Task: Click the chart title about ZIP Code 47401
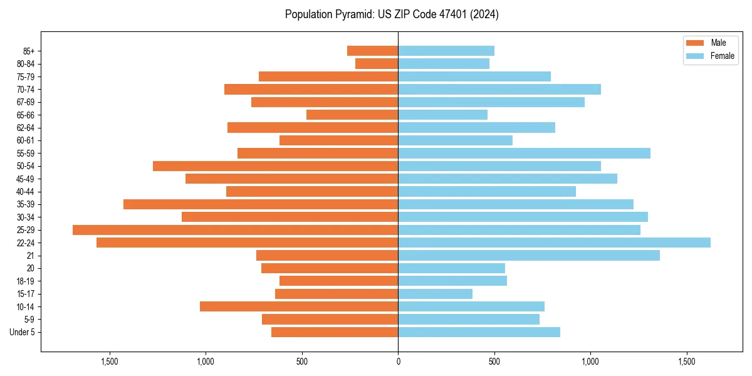392,14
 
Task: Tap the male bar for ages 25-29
235,230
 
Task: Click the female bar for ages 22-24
554,243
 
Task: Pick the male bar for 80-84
377,63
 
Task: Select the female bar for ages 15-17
435,294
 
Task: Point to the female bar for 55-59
524,153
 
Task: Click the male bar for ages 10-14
299,306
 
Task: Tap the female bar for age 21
529,256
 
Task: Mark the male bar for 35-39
261,204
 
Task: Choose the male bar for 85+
372,51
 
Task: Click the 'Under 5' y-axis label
22,332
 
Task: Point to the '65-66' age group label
26,115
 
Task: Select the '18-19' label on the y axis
26,281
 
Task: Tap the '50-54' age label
26,166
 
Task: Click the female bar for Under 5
479,332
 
